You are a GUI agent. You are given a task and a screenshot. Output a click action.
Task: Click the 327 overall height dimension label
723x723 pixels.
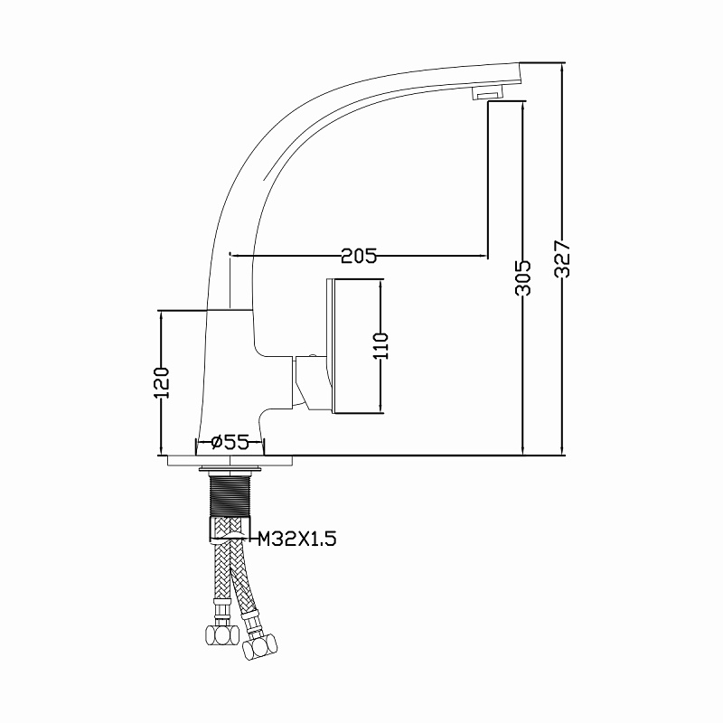562,258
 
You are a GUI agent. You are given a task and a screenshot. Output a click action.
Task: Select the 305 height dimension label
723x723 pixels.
523,277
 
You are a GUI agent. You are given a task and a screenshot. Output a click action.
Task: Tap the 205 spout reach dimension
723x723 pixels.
359,255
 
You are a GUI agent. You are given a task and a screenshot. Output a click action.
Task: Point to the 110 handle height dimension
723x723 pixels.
380,345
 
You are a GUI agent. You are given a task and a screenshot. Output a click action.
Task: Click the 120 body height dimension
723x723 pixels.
162,382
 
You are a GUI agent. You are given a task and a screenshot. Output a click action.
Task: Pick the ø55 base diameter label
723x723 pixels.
230,442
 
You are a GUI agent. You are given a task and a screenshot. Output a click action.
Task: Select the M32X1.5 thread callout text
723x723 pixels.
296,538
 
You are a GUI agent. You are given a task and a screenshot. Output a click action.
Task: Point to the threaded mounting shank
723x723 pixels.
230,494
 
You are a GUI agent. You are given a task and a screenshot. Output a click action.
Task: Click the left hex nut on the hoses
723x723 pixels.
221,635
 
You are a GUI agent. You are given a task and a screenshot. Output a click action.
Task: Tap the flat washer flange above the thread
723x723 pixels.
230,469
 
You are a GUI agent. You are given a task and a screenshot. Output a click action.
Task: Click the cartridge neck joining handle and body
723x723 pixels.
310,381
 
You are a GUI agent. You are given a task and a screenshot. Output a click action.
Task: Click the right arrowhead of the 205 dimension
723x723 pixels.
483,255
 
